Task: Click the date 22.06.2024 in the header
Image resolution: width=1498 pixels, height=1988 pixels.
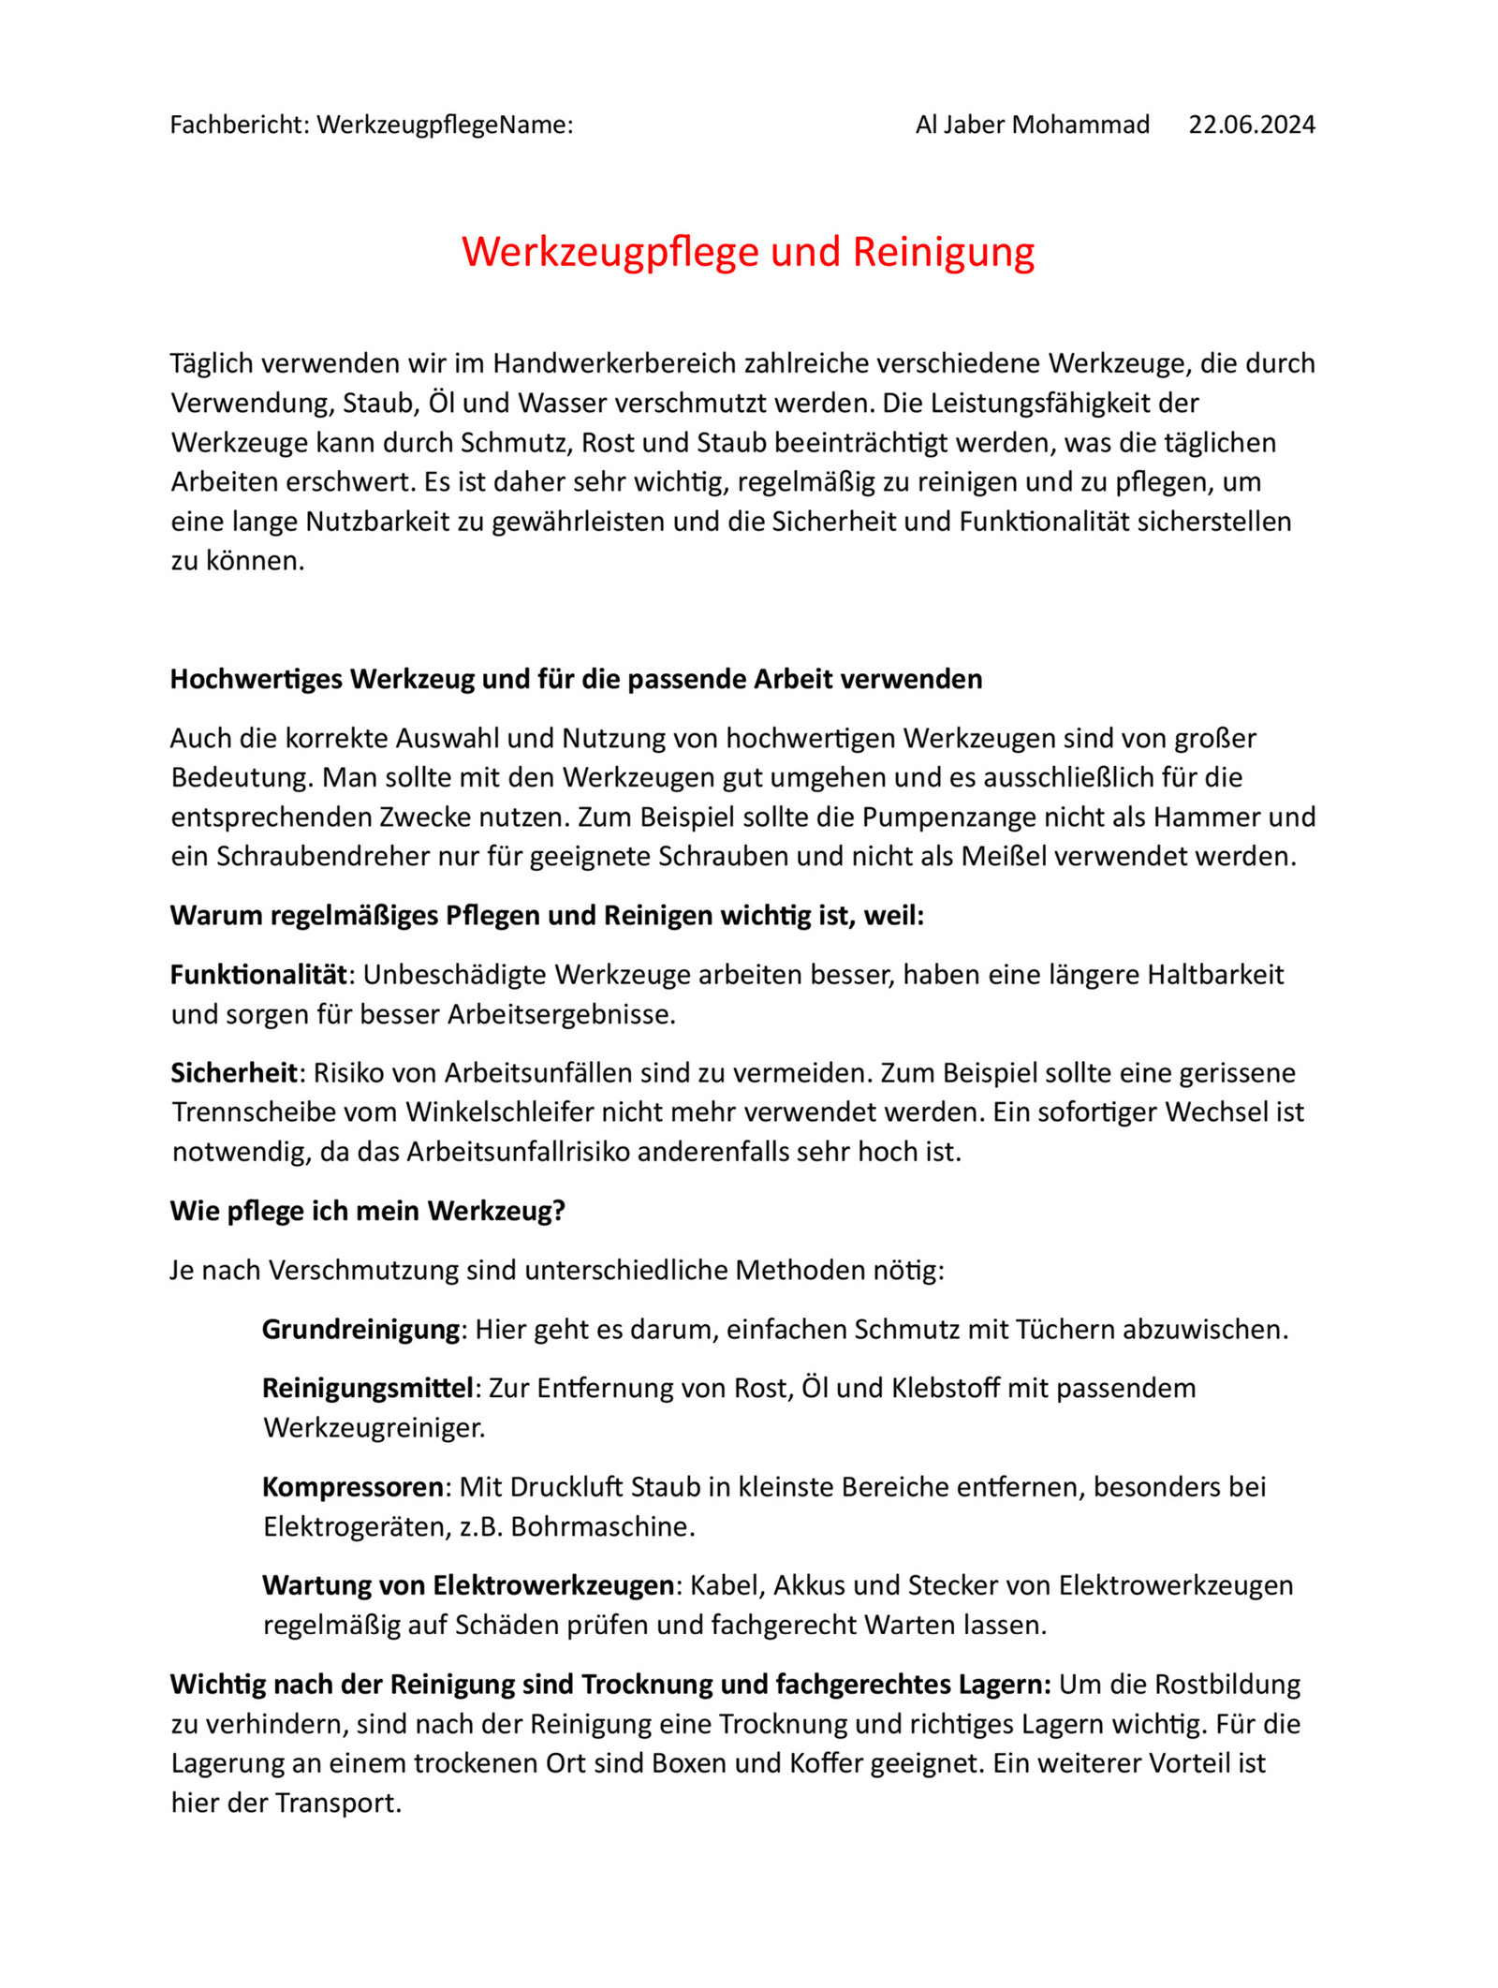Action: pyautogui.click(x=1251, y=125)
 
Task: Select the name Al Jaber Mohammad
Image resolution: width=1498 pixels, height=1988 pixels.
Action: pyautogui.click(x=1032, y=125)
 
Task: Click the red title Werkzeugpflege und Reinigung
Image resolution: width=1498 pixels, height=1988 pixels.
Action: pyautogui.click(x=748, y=252)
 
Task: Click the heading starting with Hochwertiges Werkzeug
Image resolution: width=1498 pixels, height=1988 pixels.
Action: pyautogui.click(x=576, y=678)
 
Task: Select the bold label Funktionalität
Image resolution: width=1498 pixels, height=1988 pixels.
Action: pyautogui.click(x=258, y=974)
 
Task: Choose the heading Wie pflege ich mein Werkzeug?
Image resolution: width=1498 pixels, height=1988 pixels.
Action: pyautogui.click(x=368, y=1210)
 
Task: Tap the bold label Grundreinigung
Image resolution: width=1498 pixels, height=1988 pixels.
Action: pyautogui.click(x=360, y=1329)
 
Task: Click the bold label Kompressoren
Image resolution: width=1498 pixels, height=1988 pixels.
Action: pyautogui.click(x=353, y=1486)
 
